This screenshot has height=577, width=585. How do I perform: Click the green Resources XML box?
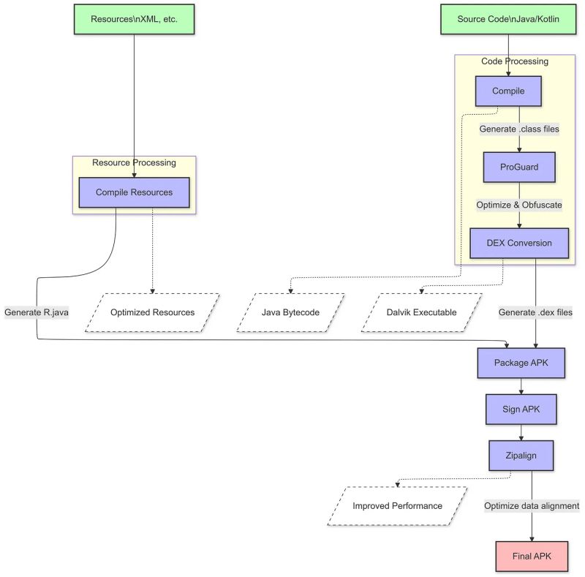click(134, 19)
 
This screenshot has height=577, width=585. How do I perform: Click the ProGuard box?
click(519, 167)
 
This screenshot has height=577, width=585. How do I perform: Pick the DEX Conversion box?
click(519, 243)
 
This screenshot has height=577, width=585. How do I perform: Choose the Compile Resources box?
click(134, 192)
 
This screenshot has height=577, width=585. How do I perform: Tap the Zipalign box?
click(521, 456)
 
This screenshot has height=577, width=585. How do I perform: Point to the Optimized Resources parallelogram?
click(152, 312)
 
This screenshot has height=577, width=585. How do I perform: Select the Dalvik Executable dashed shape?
click(421, 312)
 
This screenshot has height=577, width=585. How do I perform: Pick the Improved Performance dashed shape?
click(397, 505)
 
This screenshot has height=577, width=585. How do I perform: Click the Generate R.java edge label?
click(37, 312)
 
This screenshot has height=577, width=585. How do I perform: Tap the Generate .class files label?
click(519, 129)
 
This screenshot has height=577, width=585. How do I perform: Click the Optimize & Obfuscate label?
click(519, 205)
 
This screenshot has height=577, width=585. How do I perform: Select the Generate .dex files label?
click(535, 312)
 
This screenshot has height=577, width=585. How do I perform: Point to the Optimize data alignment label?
click(532, 505)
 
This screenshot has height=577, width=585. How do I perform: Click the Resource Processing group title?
click(134, 162)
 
